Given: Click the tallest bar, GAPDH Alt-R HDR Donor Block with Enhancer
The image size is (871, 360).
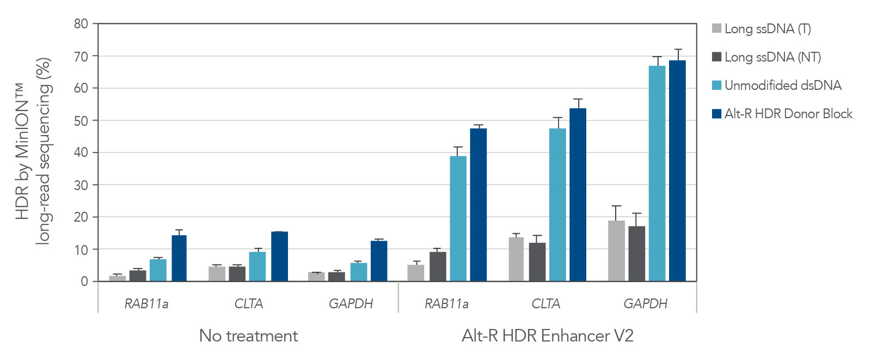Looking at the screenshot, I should [677, 171].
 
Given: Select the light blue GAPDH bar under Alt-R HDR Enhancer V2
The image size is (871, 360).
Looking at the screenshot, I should [657, 174].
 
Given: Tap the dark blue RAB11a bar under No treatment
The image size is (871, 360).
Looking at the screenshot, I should [179, 258].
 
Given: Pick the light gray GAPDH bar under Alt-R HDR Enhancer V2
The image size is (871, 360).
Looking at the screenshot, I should [616, 251].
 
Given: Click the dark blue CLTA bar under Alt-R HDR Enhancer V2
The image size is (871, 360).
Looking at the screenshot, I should [578, 195].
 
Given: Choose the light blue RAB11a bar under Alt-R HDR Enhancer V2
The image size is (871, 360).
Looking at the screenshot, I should [458, 218].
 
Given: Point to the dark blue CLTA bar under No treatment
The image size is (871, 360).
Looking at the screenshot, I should [279, 257].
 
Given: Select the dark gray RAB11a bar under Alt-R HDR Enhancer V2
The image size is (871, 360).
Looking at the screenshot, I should [438, 266].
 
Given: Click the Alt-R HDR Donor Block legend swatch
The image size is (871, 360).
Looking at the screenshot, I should [717, 114].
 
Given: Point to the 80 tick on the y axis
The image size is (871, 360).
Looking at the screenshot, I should [81, 24].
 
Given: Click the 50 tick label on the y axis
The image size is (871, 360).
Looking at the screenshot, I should [81, 120].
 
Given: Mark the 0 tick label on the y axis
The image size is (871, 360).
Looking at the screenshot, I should [84, 282].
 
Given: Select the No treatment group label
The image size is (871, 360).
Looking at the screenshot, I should [248, 335].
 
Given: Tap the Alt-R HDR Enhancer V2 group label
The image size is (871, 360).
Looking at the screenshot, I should [547, 335].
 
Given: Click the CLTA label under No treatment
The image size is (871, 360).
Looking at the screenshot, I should [248, 304].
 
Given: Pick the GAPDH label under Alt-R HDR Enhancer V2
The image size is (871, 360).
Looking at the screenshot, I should [645, 304].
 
